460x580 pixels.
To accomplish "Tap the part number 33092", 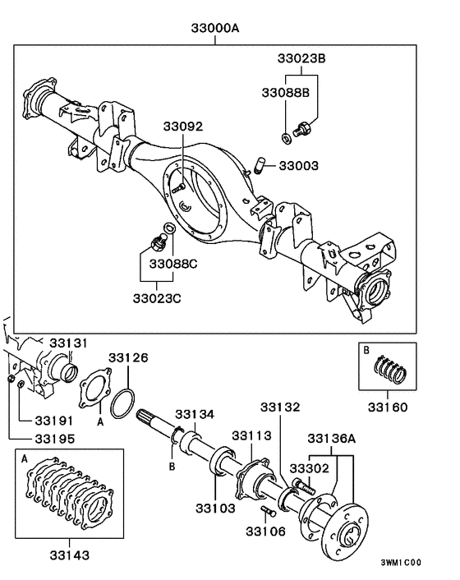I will click(x=182, y=127).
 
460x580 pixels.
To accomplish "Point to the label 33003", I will click(x=298, y=165).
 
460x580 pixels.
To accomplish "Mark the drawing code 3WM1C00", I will click(x=400, y=563).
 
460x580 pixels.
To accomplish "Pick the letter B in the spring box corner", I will click(x=366, y=349).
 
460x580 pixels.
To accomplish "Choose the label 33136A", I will click(x=331, y=438).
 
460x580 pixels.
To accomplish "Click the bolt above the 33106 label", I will click(x=265, y=512).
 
